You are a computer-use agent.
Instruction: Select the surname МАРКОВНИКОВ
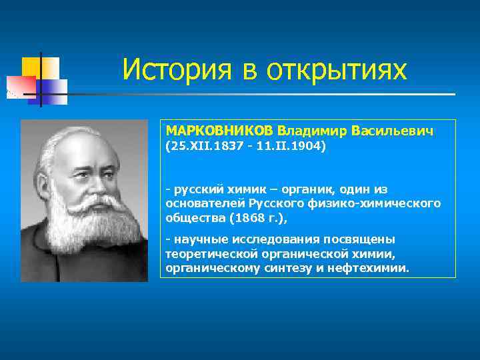click(x=219, y=131)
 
